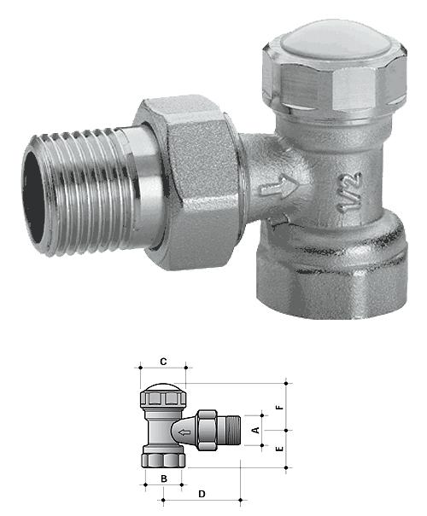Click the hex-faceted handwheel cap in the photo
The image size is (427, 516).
(x=335, y=79)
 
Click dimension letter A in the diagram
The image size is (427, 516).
(x=255, y=430)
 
